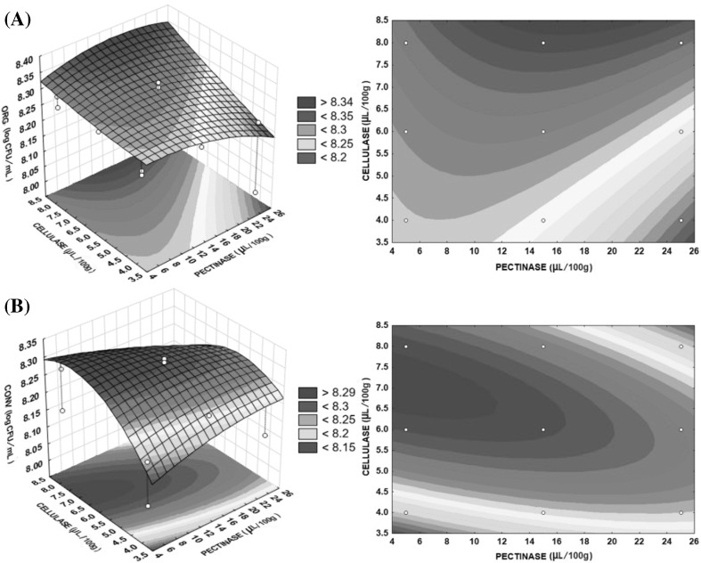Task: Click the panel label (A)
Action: point(17,17)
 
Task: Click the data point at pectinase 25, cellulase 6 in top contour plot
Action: point(681,132)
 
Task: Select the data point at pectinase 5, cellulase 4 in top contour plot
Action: point(406,220)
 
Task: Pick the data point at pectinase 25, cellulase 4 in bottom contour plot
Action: point(681,512)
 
